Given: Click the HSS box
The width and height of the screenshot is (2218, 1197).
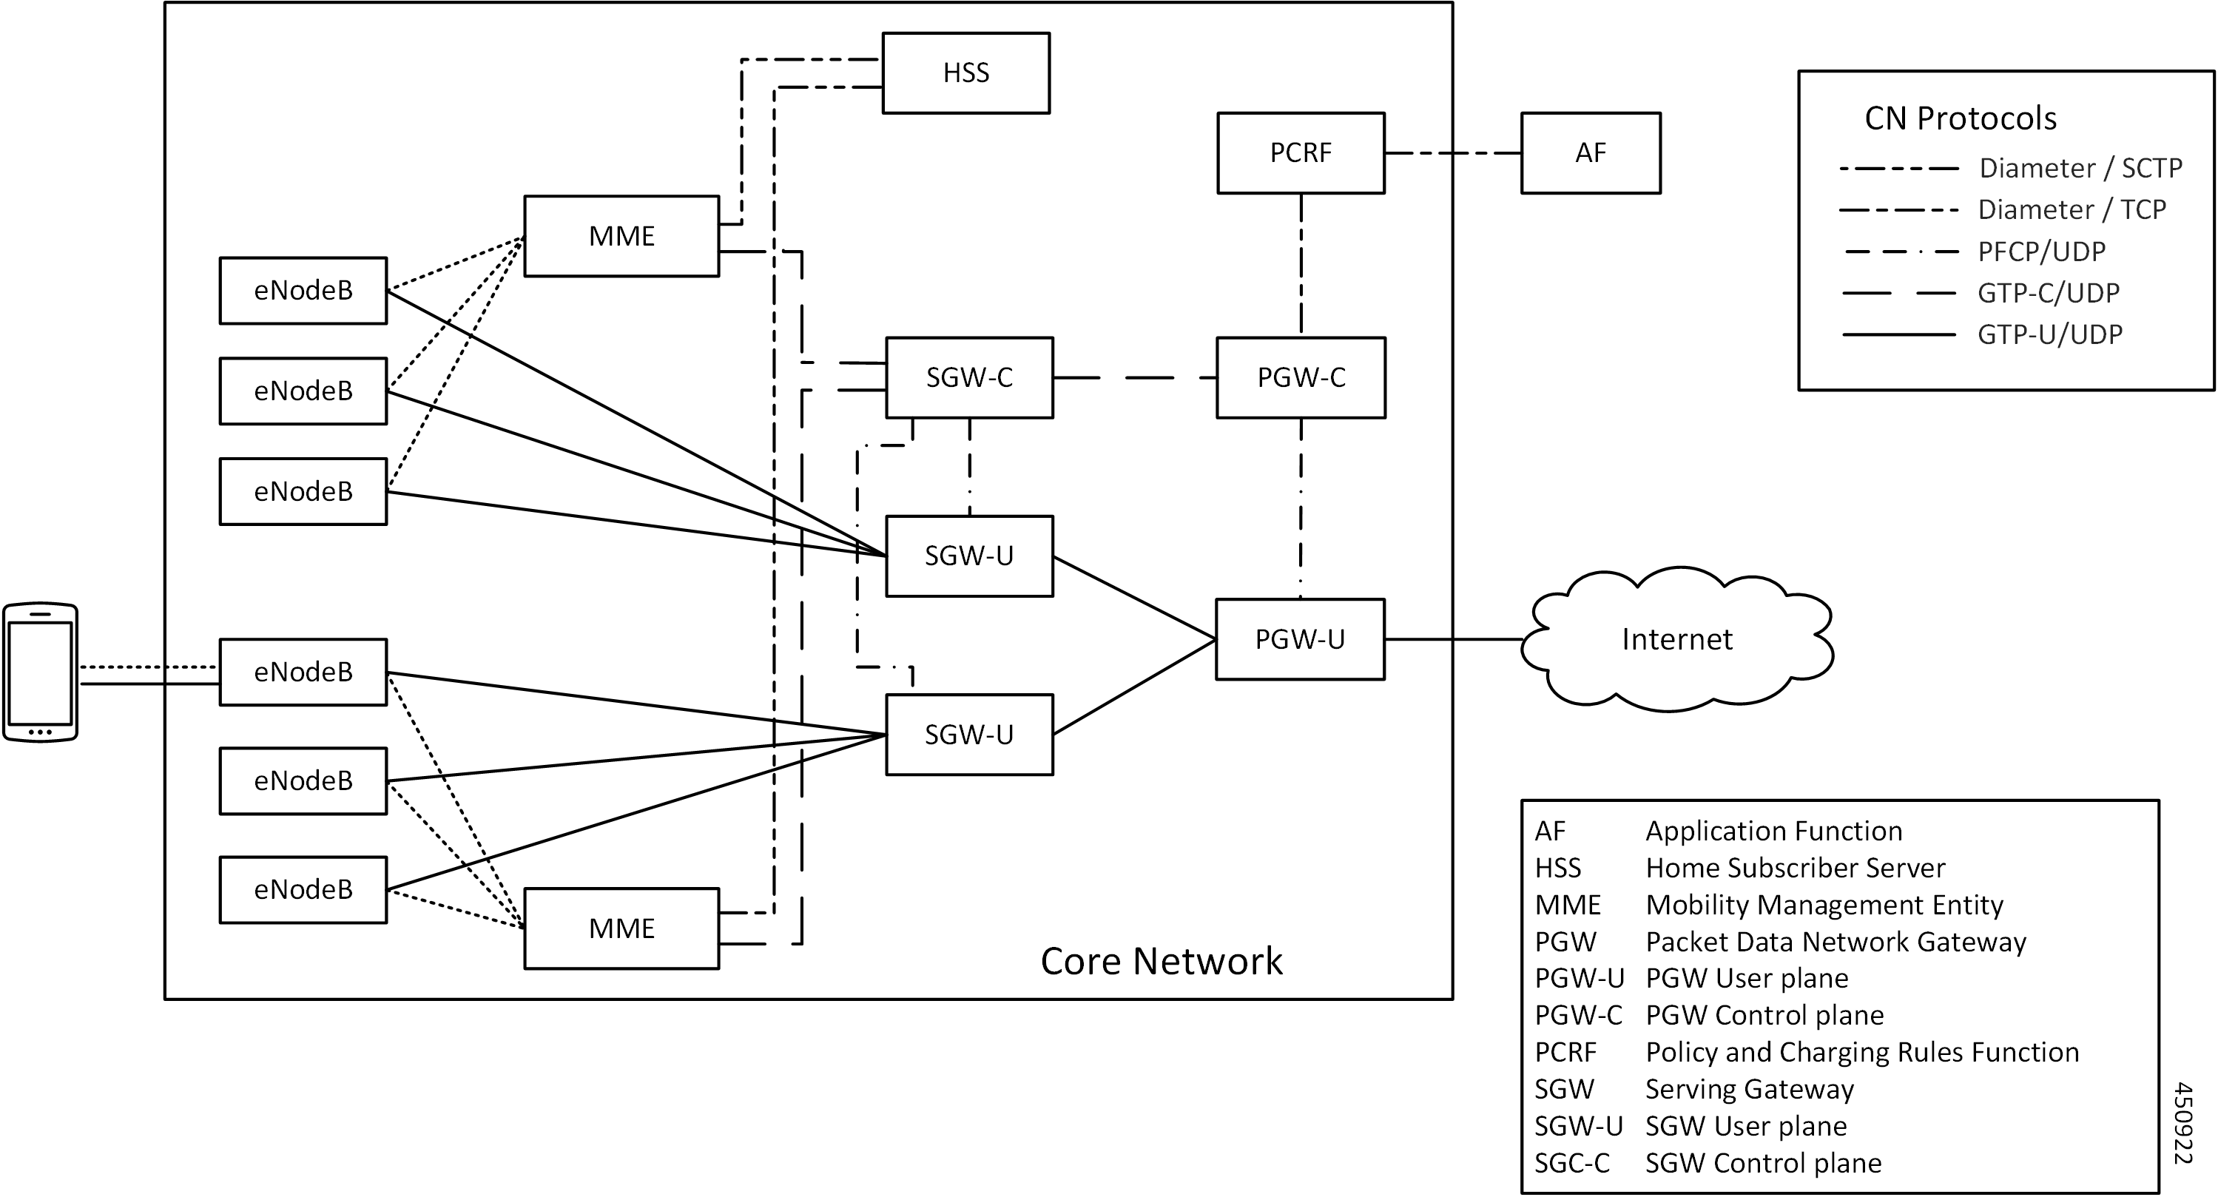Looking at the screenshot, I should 965,73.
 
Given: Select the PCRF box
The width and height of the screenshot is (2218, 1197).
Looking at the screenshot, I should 1300,152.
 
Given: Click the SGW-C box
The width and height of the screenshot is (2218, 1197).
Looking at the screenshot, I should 968,377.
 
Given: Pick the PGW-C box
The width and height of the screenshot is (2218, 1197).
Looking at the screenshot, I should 1300,377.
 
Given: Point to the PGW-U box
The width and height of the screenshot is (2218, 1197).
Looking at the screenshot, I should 1299,639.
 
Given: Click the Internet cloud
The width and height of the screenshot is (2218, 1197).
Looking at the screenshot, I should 1676,639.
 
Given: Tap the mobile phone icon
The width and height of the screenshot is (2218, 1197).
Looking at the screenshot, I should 41,672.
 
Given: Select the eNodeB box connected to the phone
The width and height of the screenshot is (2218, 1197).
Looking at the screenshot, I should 303,672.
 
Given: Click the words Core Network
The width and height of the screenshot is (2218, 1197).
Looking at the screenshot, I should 1161,961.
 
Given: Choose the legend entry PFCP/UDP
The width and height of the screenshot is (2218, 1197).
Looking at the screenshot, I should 2040,252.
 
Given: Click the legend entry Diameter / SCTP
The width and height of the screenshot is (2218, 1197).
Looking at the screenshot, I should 2080,168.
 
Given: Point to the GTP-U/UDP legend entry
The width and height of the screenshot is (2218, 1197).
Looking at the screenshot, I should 2049,334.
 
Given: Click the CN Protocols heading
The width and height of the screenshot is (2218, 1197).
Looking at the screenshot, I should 1960,118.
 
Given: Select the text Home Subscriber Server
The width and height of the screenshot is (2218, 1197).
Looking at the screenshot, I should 1796,867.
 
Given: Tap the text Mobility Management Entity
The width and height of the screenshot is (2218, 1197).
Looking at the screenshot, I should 1824,904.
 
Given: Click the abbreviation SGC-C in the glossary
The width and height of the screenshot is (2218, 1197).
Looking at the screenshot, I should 1571,1162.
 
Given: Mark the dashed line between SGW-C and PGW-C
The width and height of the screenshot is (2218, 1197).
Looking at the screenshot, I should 1134,377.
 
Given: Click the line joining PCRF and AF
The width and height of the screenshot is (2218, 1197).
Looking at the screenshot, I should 1452,153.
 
